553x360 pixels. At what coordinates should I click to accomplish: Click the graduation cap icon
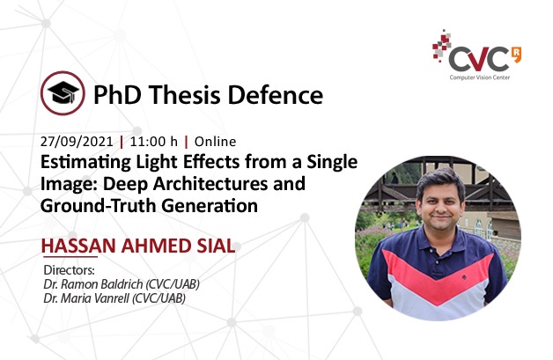tap(63, 93)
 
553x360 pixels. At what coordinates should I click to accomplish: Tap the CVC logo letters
tap(479, 59)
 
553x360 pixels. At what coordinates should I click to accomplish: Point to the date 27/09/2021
tap(77, 142)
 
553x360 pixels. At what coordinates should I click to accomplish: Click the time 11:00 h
tap(154, 142)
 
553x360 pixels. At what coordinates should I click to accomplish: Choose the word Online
tap(215, 142)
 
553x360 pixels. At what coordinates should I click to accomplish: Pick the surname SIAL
tap(217, 246)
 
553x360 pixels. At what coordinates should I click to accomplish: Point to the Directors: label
tap(69, 270)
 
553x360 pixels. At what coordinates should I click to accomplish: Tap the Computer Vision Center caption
tap(480, 77)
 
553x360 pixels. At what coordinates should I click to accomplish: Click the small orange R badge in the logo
tap(516, 54)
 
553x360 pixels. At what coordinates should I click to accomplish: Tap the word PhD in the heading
tap(117, 95)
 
